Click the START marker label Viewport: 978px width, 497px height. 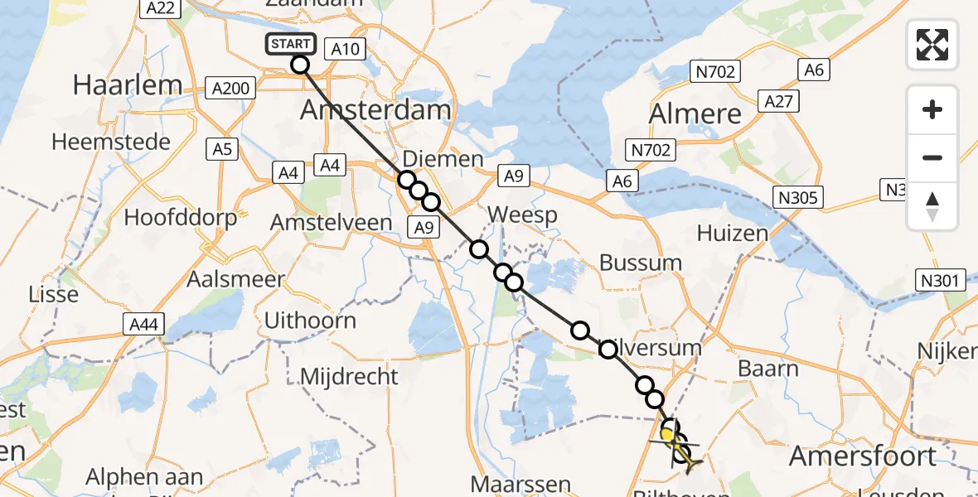pos(290,44)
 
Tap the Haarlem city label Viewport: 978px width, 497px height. pos(127,84)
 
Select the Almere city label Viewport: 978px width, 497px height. pos(695,113)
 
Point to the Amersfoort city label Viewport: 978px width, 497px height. pos(863,455)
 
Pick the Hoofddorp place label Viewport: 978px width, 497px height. pos(180,218)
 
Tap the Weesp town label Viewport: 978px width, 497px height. pos(522,215)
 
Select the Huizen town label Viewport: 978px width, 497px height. pos(732,234)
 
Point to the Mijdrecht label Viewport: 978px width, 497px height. pos(349,377)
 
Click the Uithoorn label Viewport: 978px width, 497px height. pos(310,321)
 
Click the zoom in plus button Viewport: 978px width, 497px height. pos(932,109)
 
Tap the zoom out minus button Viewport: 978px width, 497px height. pos(932,157)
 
